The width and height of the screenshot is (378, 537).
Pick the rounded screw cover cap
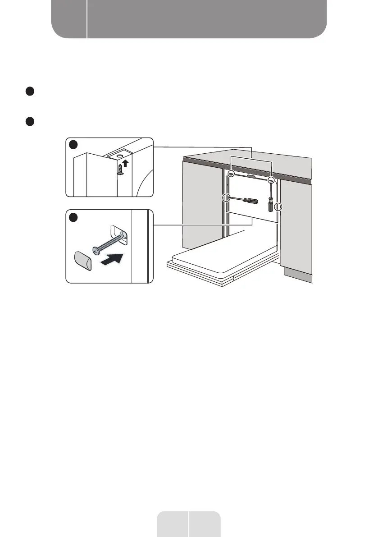[83, 261]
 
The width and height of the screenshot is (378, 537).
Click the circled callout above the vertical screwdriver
[271, 180]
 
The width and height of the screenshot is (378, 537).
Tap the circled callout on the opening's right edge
[278, 207]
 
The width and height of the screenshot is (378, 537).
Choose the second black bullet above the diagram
[29, 121]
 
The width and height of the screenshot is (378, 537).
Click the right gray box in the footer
[205, 523]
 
